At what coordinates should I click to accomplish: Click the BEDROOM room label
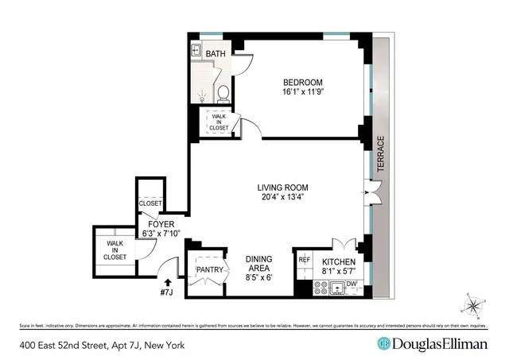(303, 83)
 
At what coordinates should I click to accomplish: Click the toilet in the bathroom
(223, 94)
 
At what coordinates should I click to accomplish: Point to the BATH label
(216, 54)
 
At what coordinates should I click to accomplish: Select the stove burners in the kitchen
(305, 289)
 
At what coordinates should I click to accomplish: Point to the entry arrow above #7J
(168, 281)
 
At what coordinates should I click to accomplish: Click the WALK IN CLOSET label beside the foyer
(115, 250)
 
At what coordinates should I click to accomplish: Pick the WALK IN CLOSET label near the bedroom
(219, 122)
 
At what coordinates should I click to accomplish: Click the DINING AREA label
(259, 265)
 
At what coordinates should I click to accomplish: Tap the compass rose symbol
(472, 304)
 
